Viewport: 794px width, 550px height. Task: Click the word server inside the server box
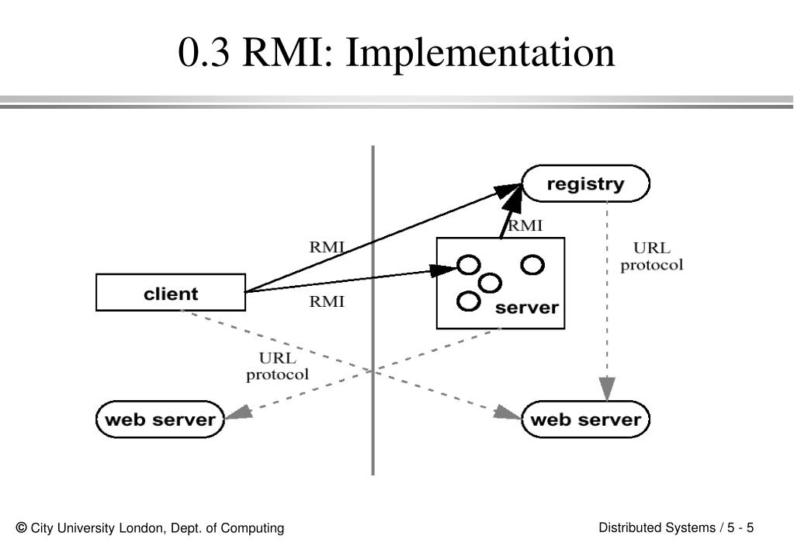(527, 308)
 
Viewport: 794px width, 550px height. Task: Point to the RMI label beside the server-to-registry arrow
(525, 225)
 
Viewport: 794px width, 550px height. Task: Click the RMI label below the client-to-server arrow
(327, 301)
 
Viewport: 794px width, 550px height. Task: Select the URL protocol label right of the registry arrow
(652, 256)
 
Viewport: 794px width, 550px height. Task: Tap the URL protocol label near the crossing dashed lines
(277, 367)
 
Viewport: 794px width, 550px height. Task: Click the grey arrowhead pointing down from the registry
(607, 388)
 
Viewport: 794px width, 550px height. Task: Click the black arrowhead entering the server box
(444, 270)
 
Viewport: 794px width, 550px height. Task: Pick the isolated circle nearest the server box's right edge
(532, 265)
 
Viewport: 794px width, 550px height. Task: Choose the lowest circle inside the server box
(468, 301)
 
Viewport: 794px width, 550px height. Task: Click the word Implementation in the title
(480, 54)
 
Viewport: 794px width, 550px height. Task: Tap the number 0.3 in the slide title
(203, 53)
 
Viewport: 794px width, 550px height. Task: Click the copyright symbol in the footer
(21, 527)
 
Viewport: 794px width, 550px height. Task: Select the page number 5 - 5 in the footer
(740, 527)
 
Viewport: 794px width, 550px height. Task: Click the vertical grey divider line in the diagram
(373, 310)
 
